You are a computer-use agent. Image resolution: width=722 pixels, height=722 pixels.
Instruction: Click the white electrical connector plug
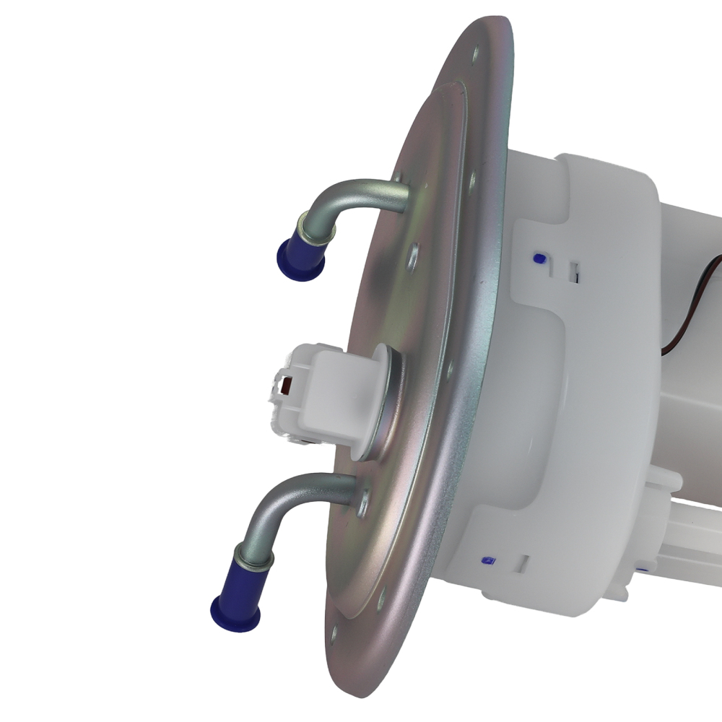coord(318,393)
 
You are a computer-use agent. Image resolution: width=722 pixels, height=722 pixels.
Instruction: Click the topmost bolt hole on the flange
coord(477,52)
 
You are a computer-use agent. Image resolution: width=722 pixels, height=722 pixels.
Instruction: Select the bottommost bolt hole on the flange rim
coord(334,635)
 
